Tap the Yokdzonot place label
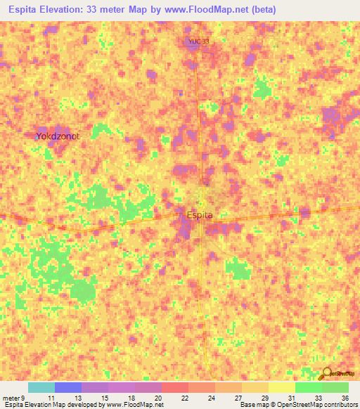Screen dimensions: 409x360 pos(58,136)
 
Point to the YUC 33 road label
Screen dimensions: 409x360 pos(198,42)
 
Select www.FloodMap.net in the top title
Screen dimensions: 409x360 pos(210,10)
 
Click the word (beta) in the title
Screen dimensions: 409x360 pos(262,10)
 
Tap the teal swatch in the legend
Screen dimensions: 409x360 pos(41,387)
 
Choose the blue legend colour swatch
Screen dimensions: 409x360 pos(68,387)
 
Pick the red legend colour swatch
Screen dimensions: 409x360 pos(175,387)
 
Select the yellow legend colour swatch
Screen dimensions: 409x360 pos(282,387)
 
